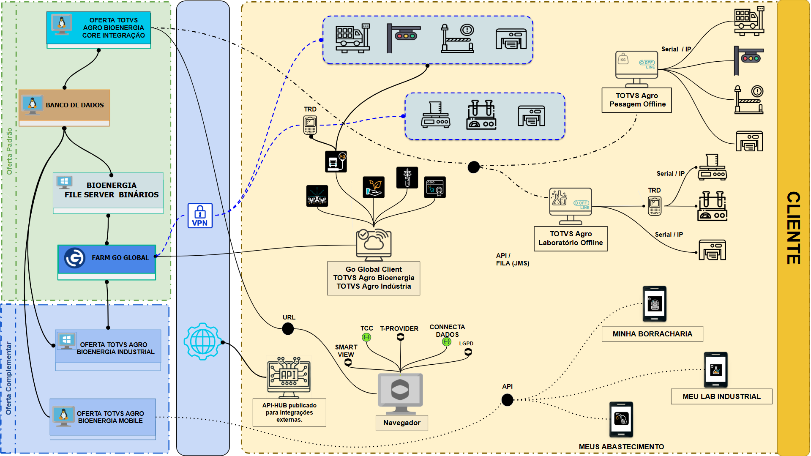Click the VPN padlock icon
click(x=200, y=216)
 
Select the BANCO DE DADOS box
click(x=64, y=105)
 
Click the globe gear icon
click(x=203, y=341)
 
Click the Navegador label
click(x=401, y=423)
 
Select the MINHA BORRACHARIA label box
click(x=652, y=334)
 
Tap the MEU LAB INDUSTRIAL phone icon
click(x=715, y=370)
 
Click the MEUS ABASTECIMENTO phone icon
click(x=621, y=419)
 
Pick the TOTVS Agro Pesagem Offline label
click(x=637, y=100)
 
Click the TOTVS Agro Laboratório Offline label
click(x=571, y=238)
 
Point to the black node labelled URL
click(x=288, y=328)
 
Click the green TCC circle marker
click(x=366, y=337)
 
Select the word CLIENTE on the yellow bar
click(x=793, y=228)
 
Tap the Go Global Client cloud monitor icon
click(x=374, y=244)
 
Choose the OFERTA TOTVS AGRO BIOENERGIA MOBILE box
click(x=103, y=417)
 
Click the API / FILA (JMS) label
click(x=512, y=259)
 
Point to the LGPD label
click(x=466, y=344)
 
